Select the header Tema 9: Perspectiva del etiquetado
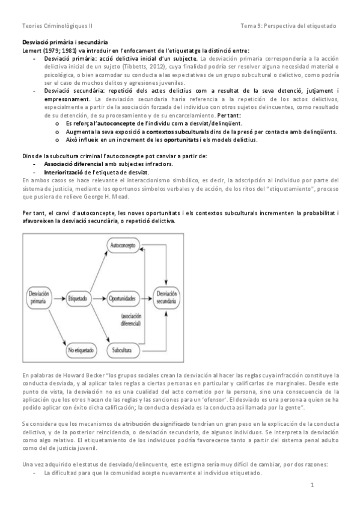coord(288,26)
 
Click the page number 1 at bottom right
coord(313,485)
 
